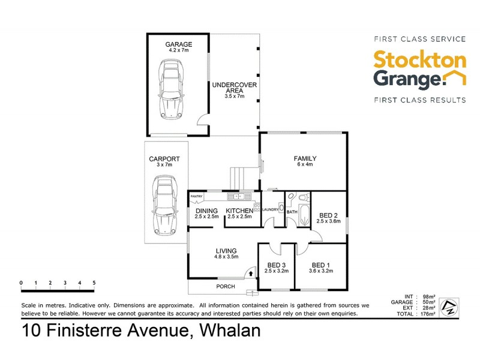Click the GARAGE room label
coord(179,44)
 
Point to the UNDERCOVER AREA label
coord(234,88)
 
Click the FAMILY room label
coord(305,158)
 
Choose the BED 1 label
coord(320,265)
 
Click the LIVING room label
coord(226,251)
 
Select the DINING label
coord(206,211)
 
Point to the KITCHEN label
coord(239,211)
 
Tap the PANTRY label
coord(196,196)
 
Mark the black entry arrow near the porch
coord(250,273)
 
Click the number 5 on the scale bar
coord(94,282)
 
